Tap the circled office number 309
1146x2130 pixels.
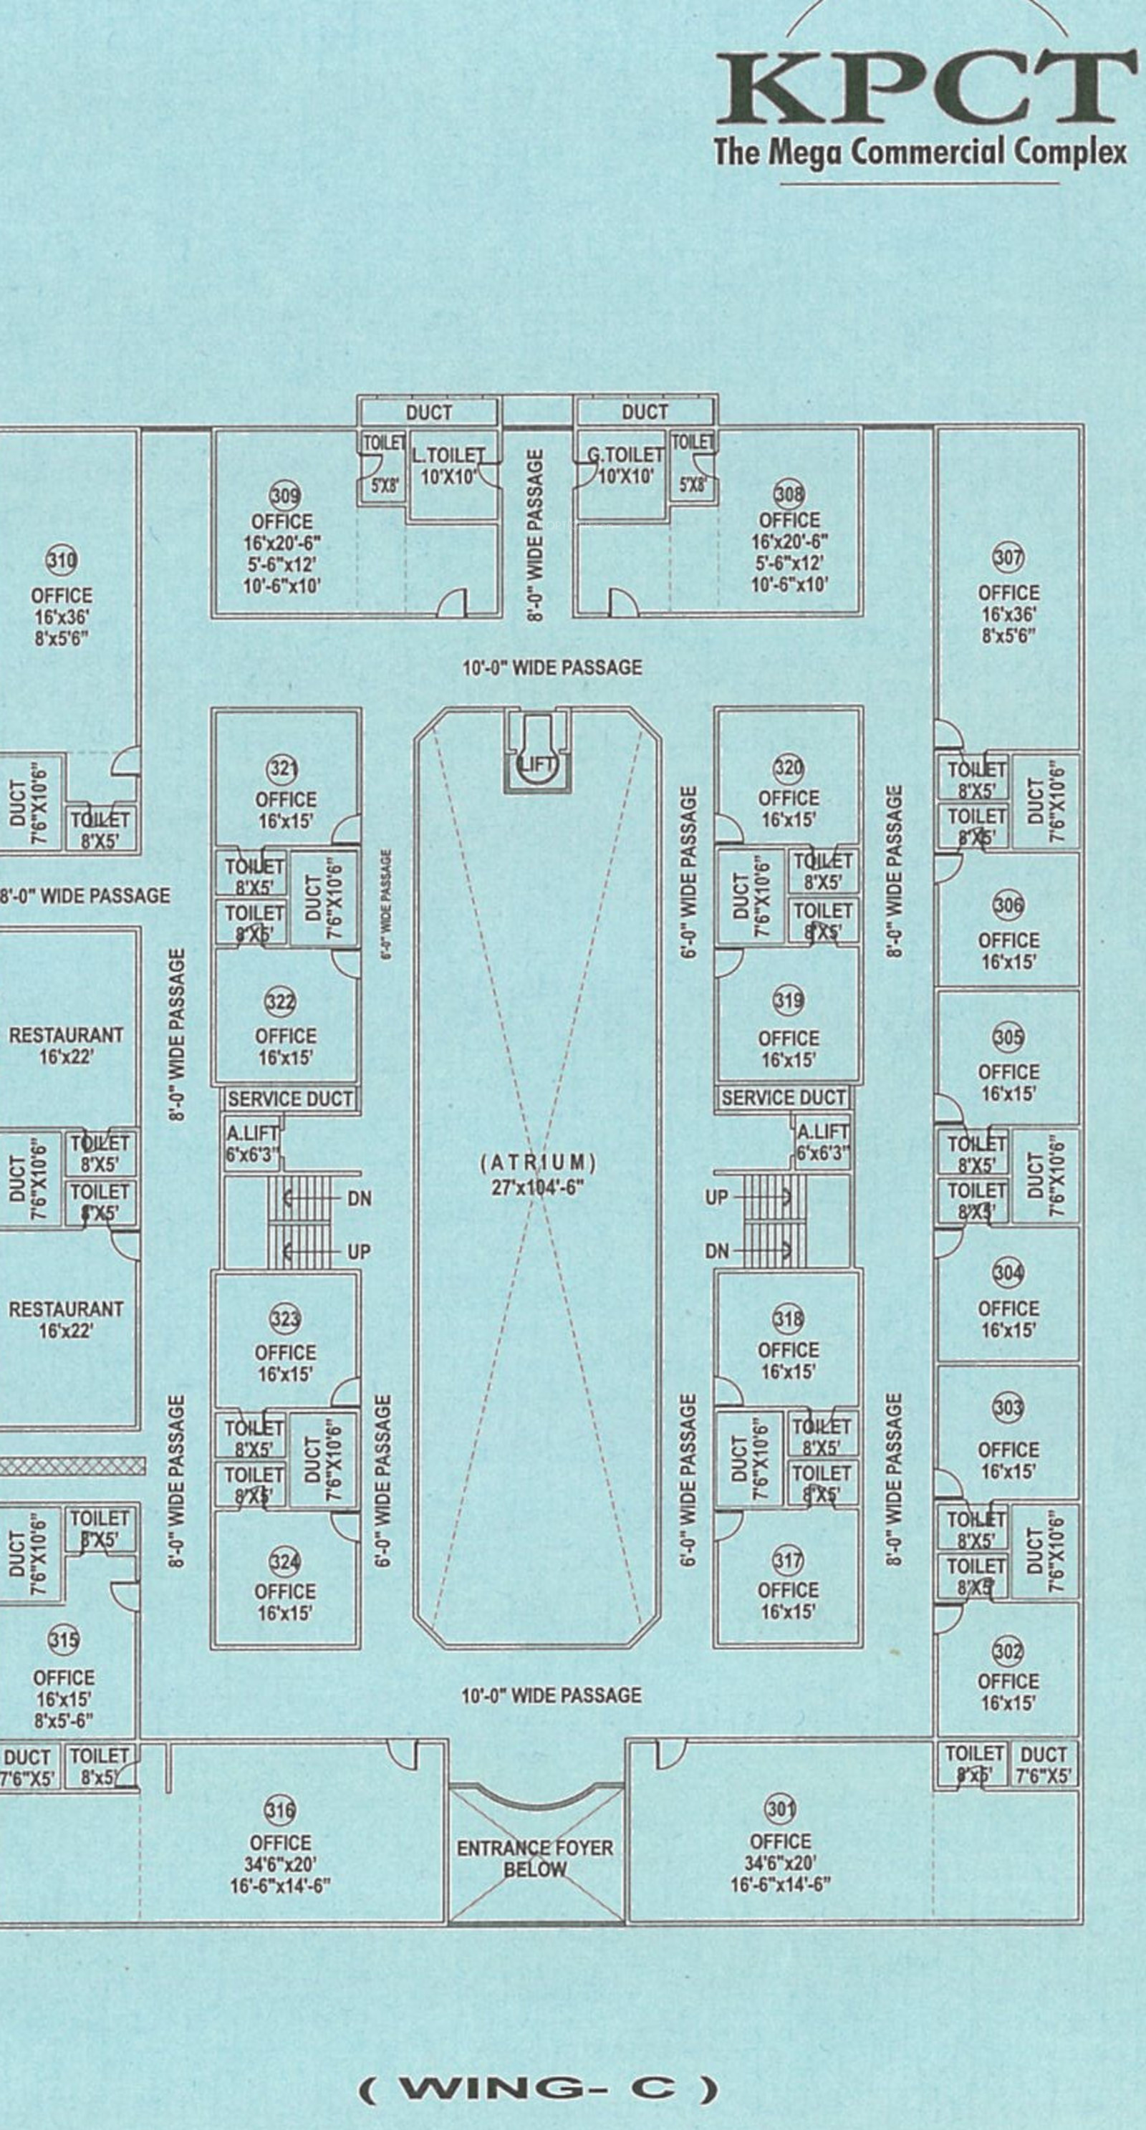point(285,496)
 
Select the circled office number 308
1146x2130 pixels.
point(788,494)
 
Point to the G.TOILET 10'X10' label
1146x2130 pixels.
point(625,465)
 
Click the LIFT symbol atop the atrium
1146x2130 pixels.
point(537,763)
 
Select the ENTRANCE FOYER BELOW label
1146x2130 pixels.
point(535,1859)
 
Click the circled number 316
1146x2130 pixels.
point(279,1811)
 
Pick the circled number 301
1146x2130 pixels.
point(780,1809)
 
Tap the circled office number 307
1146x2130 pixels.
point(1008,558)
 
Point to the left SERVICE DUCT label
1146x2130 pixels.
point(289,1099)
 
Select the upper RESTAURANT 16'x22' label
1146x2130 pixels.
point(66,1045)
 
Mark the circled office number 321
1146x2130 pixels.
point(283,769)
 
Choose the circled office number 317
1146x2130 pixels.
point(787,1561)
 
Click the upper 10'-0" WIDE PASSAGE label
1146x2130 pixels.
point(552,668)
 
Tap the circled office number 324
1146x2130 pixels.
point(284,1562)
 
